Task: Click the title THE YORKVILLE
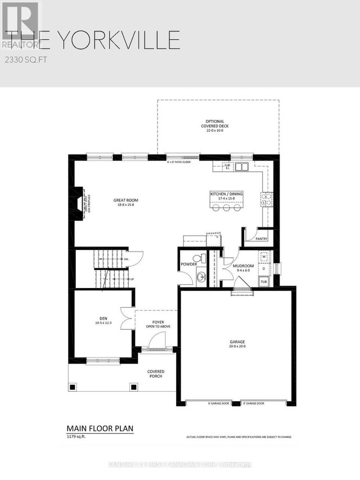[93, 41]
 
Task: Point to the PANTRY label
[260, 239]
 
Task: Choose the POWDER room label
[188, 263]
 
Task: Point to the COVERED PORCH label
[155, 374]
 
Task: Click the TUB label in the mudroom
[264, 281]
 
